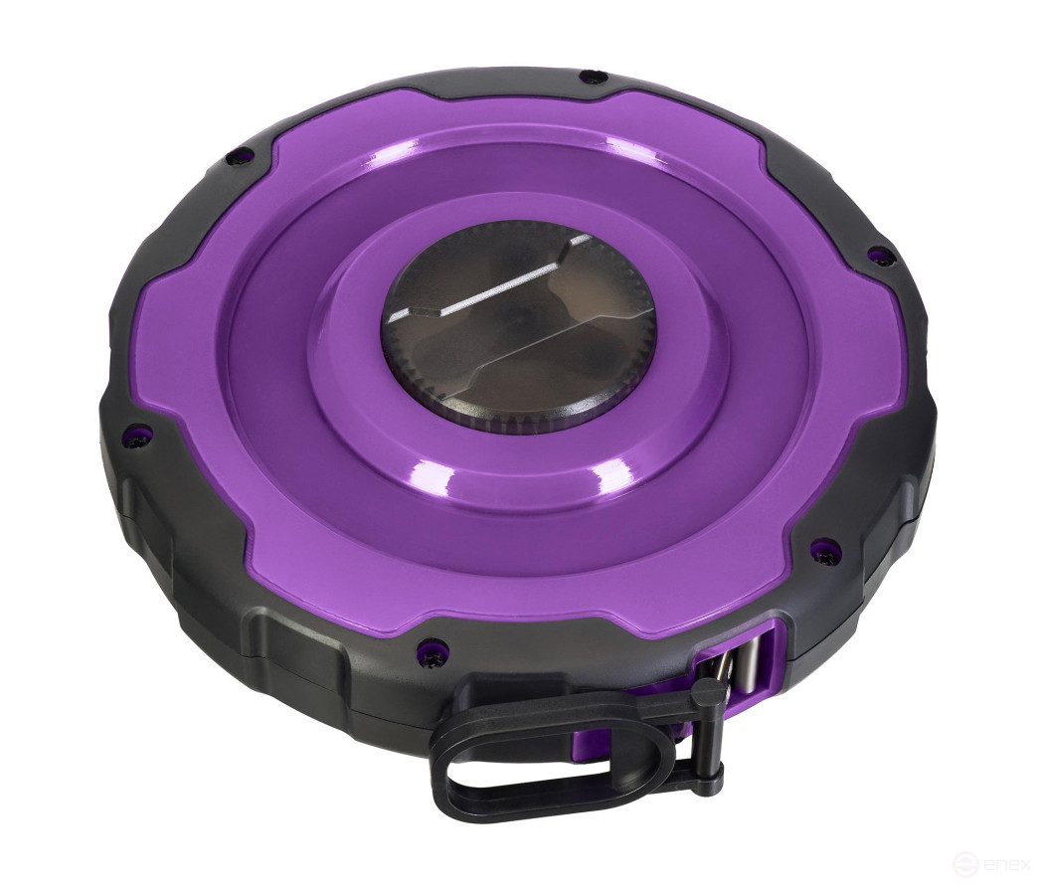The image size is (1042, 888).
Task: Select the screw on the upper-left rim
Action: [x=231, y=155]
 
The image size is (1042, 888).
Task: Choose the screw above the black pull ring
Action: [x=430, y=646]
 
